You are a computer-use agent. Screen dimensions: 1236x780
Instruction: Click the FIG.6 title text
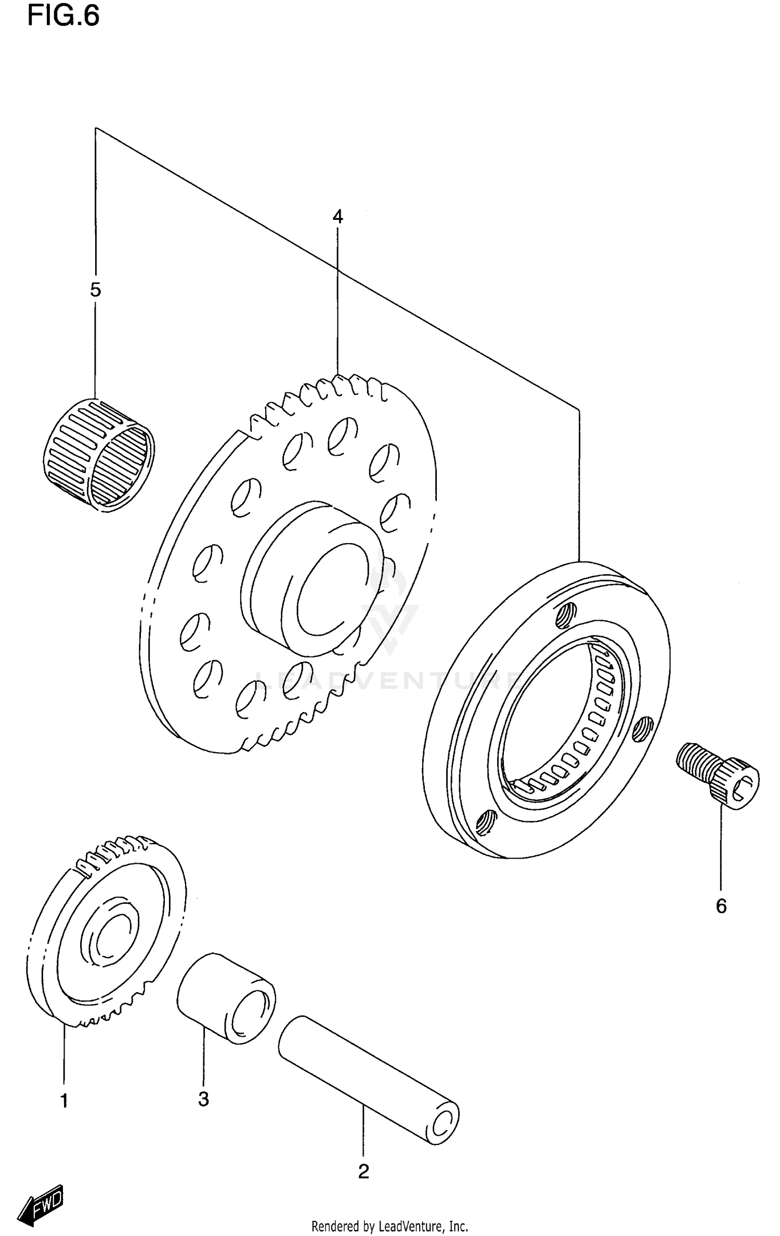click(63, 16)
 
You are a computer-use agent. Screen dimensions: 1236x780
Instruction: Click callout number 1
click(64, 1101)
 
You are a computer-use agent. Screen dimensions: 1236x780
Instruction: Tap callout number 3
click(203, 1099)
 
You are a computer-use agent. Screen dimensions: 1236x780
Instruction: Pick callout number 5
click(95, 290)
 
